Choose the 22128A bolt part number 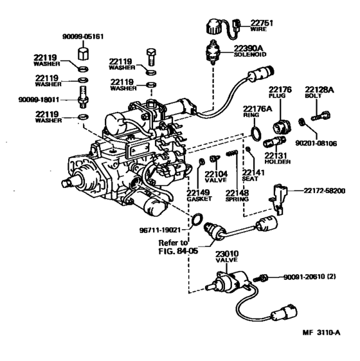tap(319, 88)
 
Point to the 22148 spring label tap(237, 191)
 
